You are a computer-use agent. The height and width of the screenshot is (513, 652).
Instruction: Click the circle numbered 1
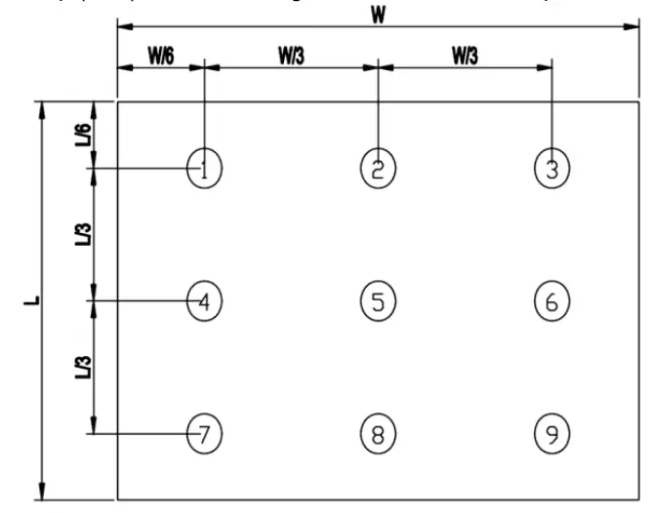tap(204, 169)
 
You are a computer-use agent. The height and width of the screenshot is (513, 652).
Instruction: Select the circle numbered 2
tap(378, 169)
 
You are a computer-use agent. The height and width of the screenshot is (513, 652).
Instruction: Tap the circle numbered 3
tap(551, 169)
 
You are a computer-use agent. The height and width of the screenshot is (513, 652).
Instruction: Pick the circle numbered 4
tap(204, 301)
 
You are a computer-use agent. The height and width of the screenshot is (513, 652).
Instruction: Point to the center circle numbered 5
tap(378, 301)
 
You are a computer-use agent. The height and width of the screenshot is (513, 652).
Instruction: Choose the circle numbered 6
tap(551, 301)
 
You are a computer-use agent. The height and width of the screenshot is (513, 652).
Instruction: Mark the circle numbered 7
tap(204, 432)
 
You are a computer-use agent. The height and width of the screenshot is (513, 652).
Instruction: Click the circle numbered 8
tap(378, 432)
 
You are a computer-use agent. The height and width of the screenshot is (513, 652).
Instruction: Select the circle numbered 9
tap(551, 432)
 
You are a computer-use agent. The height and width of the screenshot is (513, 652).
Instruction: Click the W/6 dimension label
tap(161, 56)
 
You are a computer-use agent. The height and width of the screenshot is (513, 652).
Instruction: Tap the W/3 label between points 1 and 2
tap(291, 56)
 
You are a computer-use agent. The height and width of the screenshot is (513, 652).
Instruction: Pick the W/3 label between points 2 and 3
tap(465, 56)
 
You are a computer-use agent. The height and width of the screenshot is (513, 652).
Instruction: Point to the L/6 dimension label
tap(84, 135)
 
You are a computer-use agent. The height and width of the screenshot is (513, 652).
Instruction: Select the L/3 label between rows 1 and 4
tap(84, 234)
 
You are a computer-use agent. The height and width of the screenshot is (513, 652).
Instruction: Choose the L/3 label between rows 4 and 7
tap(84, 367)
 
